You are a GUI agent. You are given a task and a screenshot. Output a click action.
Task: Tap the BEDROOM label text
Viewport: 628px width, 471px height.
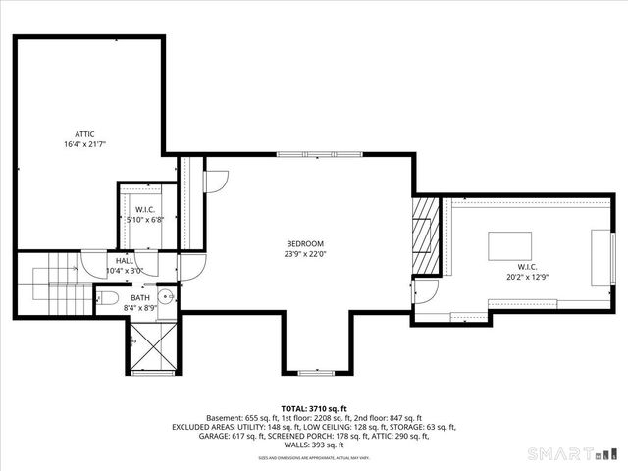tap(305, 244)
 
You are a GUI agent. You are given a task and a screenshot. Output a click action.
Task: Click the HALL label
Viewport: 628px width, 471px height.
tap(126, 260)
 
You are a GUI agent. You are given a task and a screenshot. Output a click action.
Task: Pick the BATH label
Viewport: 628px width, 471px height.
tap(140, 297)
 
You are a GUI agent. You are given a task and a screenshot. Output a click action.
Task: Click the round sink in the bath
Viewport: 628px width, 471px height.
tap(169, 297)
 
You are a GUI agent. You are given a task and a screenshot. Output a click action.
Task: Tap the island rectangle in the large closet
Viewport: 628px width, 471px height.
tap(509, 244)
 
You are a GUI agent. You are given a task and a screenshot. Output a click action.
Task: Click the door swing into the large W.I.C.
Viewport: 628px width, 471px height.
tap(425, 291)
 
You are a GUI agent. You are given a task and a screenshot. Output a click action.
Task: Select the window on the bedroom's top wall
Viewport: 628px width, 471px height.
tap(305, 154)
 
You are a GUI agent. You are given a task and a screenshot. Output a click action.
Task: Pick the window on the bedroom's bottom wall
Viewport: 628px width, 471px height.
tap(314, 373)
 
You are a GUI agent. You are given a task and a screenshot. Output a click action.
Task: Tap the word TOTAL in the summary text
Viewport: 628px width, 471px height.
tap(296, 407)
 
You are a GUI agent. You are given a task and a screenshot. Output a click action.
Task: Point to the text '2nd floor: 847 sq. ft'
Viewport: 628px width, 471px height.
tap(390, 417)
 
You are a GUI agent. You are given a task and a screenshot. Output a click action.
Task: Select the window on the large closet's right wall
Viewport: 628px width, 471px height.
tap(600, 253)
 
